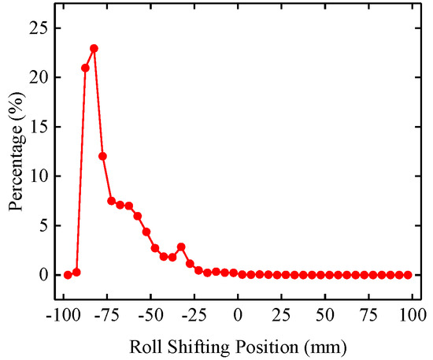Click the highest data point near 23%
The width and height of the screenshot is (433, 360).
[94, 48]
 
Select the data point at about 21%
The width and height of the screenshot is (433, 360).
[85, 68]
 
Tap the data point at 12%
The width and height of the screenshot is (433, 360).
[102, 156]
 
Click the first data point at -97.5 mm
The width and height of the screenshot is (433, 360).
[68, 274]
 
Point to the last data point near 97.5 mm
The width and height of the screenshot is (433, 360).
[408, 274]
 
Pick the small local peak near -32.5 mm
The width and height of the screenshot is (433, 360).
[181, 247]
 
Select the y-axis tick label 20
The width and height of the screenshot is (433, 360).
[39, 78]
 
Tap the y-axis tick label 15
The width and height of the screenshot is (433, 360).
[39, 127]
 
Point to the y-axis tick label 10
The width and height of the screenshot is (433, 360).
[39, 176]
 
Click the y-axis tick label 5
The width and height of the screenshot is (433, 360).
[43, 225]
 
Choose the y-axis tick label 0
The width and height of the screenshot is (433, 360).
[43, 275]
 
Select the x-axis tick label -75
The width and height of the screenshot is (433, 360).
[105, 314]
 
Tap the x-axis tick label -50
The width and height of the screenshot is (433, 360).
[150, 314]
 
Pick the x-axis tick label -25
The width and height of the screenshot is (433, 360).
[194, 314]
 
